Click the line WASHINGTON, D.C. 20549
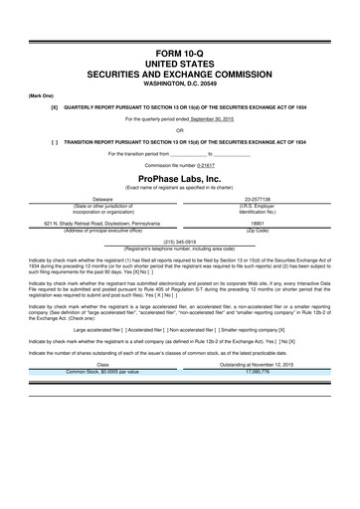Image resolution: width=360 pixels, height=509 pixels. pos(180,83)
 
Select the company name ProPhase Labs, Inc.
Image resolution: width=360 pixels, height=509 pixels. pos(180,175)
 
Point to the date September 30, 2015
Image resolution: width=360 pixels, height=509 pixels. pos(213,118)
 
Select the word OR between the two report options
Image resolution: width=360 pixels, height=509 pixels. pos(180,129)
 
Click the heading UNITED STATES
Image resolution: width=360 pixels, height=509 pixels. pos(180,63)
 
